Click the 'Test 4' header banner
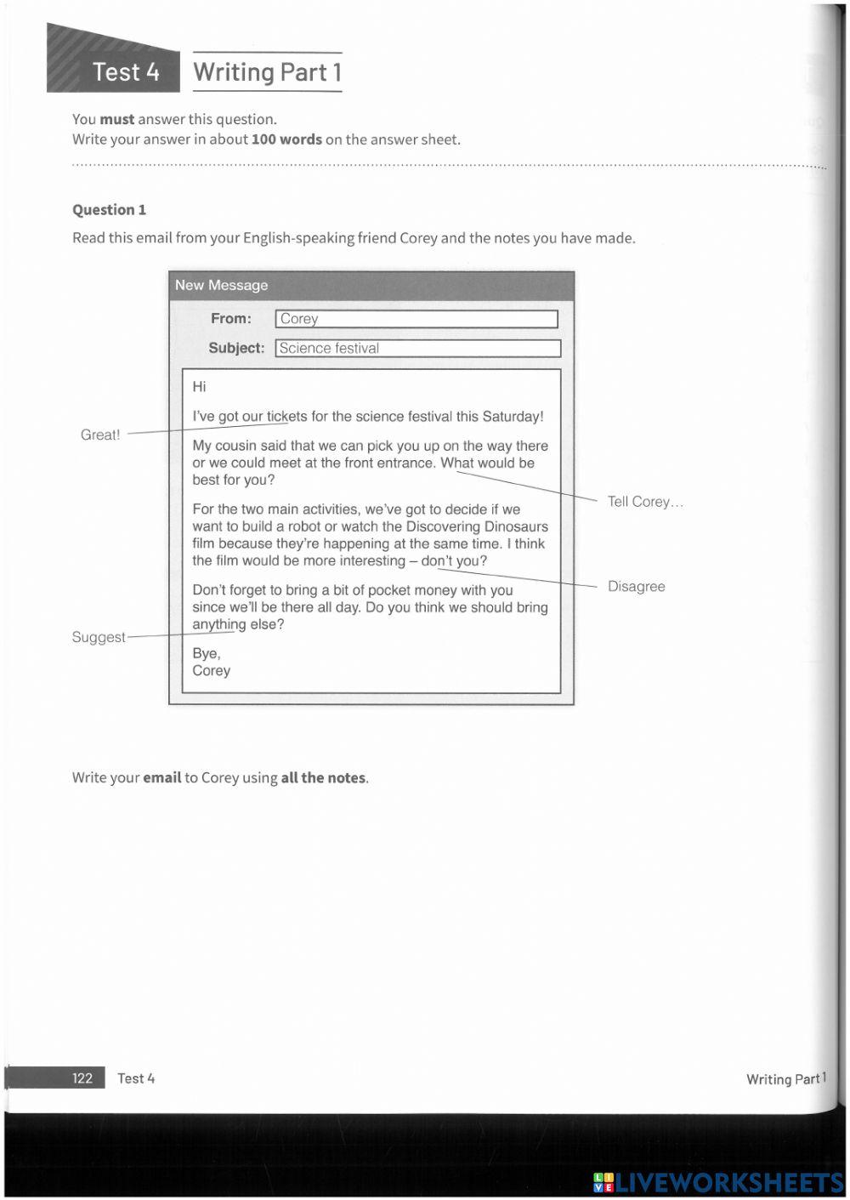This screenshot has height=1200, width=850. (125, 72)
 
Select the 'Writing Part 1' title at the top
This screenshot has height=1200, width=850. (267, 72)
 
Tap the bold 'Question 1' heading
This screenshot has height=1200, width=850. (109, 210)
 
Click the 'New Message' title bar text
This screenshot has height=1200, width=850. (221, 286)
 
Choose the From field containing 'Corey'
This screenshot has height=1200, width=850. (416, 319)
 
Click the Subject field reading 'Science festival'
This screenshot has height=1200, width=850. (417, 349)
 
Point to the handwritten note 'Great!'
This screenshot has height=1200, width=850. (100, 435)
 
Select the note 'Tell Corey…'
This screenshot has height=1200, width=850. (645, 502)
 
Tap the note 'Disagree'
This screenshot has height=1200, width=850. (636, 587)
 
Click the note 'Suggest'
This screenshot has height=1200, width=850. (99, 637)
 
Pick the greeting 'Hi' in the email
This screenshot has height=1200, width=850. (199, 387)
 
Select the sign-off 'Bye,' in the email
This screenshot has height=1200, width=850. (206, 653)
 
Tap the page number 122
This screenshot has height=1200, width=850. (82, 1078)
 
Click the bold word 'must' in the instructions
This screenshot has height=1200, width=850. (117, 119)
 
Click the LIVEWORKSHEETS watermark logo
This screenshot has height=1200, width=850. (718, 1182)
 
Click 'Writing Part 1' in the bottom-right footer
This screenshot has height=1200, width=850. (785, 1079)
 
